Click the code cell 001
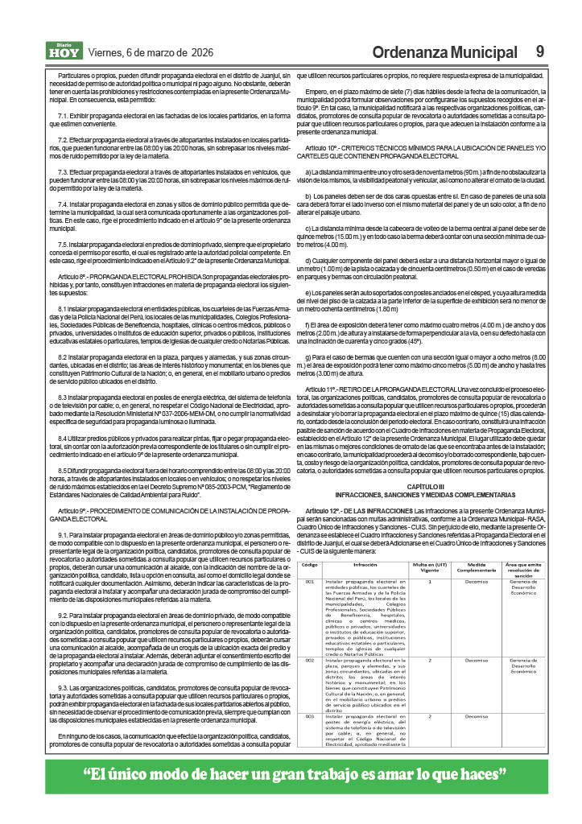coord(310,581)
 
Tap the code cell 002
coord(310,660)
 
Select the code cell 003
coord(310,715)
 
